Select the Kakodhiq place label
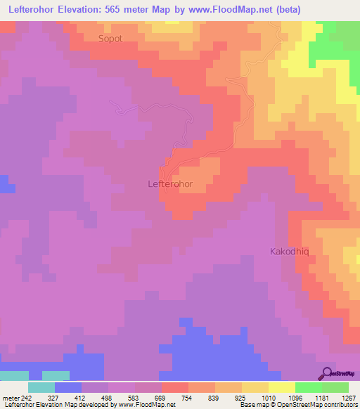pyautogui.click(x=290, y=251)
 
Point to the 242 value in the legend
pyautogui.click(x=27, y=397)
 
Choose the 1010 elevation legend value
pyautogui.click(x=269, y=397)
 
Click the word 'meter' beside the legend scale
pyautogui.click(x=11, y=397)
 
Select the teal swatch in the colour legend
pyautogui.click(x=41, y=387)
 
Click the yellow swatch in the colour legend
pyautogui.click(x=282, y=387)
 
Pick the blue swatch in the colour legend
pyautogui.click(x=68, y=387)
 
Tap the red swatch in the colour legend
pyautogui.click(x=175, y=387)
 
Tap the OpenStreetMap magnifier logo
pyautogui.click(x=326, y=373)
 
